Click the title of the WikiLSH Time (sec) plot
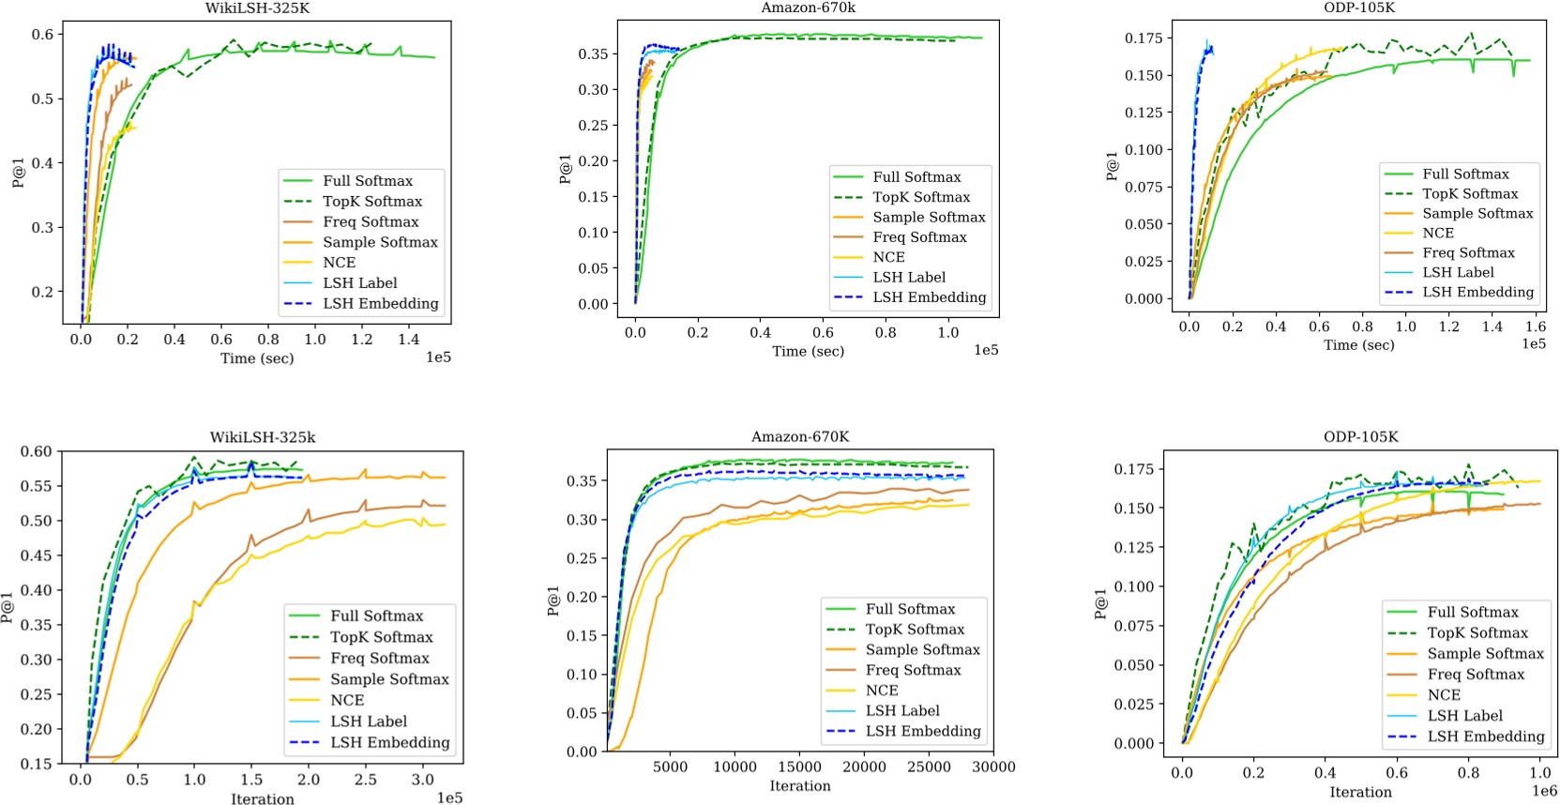click(x=259, y=8)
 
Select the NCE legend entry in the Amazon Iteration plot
click(x=881, y=691)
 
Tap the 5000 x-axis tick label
click(x=670, y=767)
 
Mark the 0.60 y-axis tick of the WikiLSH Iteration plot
click(x=37, y=451)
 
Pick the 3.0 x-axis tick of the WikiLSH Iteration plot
click(x=422, y=779)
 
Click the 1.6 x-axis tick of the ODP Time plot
click(x=1535, y=327)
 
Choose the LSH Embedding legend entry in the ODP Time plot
click(x=1477, y=292)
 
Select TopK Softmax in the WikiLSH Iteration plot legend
click(x=381, y=637)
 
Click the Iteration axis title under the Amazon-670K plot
click(x=799, y=786)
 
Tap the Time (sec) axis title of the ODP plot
click(x=1358, y=345)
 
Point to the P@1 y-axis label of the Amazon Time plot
click(x=565, y=169)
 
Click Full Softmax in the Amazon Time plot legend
click(x=916, y=176)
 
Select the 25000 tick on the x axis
click(x=929, y=767)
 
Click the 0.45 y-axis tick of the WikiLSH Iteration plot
click(x=37, y=555)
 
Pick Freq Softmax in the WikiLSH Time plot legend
click(x=371, y=221)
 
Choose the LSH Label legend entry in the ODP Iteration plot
click(x=1464, y=716)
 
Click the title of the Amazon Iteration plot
click(x=799, y=436)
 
